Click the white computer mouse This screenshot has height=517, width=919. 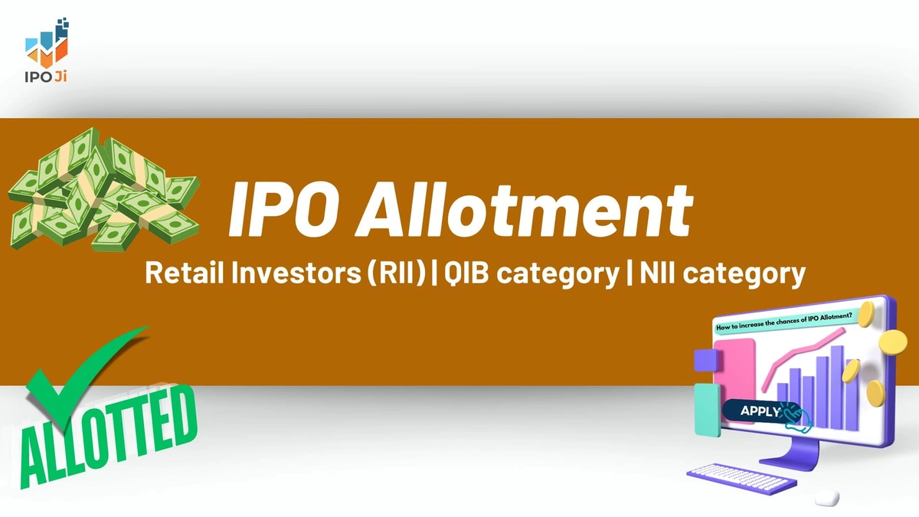828,497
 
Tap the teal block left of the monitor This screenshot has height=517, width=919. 706,411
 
